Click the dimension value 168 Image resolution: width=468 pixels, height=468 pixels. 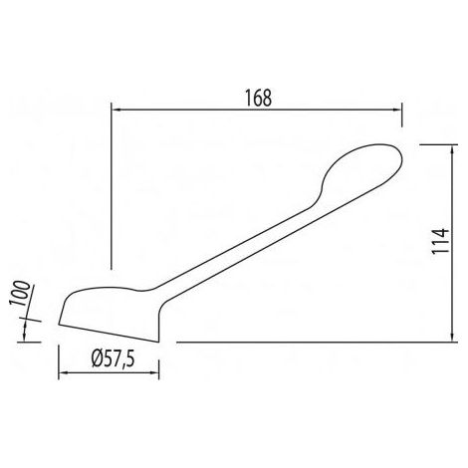258,98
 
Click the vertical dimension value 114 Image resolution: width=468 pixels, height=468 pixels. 440,241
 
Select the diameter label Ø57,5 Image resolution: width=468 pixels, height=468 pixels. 114,359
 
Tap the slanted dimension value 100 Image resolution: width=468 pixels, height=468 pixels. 20,293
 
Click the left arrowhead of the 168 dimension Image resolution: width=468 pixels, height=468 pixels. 117,110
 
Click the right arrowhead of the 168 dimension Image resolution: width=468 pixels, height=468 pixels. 397,110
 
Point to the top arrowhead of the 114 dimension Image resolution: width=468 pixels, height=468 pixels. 452,150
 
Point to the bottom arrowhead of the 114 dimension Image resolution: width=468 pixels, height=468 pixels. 452,337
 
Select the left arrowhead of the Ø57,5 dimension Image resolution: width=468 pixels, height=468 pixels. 64,372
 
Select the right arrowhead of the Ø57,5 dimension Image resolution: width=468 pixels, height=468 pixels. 154,372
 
